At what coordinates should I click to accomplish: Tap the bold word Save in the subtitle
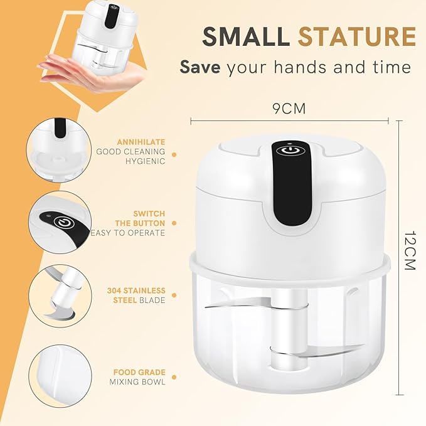pos(200,67)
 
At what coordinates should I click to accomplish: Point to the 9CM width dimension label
pos(289,109)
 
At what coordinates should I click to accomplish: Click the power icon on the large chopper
pos(289,151)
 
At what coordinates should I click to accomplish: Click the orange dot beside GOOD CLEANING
pos(174,152)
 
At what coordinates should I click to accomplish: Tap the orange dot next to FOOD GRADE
pos(174,376)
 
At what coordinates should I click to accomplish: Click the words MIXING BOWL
pos(139,381)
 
